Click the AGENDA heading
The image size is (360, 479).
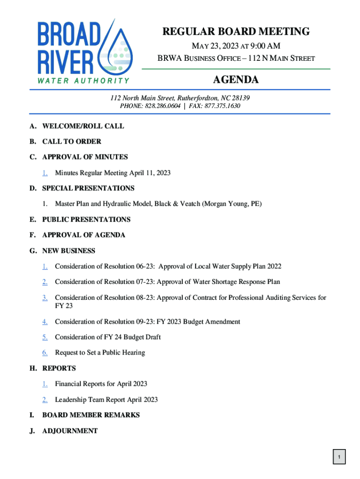click(236, 80)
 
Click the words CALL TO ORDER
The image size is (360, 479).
click(72, 141)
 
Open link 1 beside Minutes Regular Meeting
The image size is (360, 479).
click(45, 173)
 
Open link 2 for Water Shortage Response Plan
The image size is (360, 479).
click(45, 282)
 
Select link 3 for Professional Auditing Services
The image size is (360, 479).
click(45, 298)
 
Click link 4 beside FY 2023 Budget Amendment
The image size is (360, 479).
click(45, 322)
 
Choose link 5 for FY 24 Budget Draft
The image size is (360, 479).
click(45, 337)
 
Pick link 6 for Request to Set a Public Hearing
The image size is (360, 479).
click(45, 353)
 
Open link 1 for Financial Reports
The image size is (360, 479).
click(45, 384)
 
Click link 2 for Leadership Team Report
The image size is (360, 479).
click(45, 400)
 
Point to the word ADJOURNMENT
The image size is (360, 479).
click(70, 431)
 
